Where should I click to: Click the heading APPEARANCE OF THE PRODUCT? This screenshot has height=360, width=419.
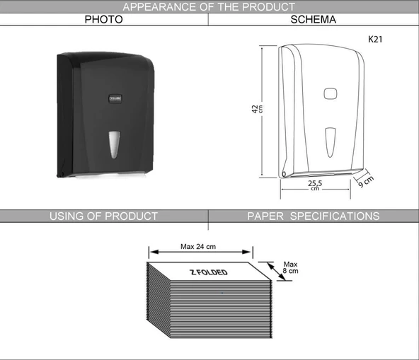pyautogui.click(x=209, y=6)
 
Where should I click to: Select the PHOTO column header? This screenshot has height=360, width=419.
pyautogui.click(x=103, y=20)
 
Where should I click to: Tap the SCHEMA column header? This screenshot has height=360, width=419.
pyautogui.click(x=313, y=20)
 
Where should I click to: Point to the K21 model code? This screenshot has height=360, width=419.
pyautogui.click(x=375, y=40)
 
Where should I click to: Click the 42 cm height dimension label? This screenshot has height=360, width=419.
pyautogui.click(x=257, y=109)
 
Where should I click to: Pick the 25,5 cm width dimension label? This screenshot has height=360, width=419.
pyautogui.click(x=315, y=185)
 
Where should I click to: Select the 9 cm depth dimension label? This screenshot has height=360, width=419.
pyautogui.click(x=365, y=182)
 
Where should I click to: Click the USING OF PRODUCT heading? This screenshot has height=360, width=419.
pyautogui.click(x=103, y=216)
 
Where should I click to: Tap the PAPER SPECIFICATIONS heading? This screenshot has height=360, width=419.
pyautogui.click(x=313, y=216)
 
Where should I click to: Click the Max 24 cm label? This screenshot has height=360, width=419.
pyautogui.click(x=198, y=247)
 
